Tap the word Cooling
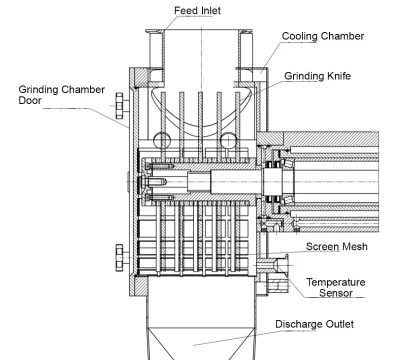point(298,36)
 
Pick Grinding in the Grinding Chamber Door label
point(41,89)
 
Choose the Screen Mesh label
point(334,245)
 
